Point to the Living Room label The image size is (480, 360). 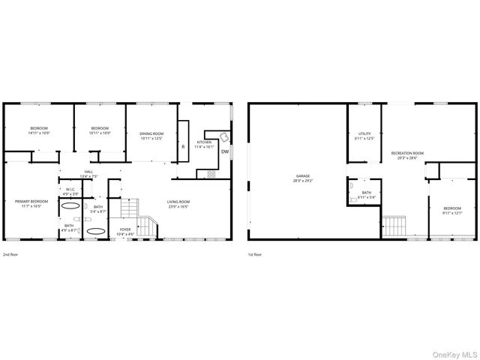178,203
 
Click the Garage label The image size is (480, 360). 302,178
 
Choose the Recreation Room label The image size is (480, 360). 407,154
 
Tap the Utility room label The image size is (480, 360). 364,136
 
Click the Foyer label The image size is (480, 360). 124,231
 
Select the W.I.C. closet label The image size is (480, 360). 69,190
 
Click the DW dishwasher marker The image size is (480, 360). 224,151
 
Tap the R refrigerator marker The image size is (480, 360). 183,146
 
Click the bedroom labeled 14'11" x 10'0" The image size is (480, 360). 39,130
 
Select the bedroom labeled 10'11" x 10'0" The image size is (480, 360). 100,130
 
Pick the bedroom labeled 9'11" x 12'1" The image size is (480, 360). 451,210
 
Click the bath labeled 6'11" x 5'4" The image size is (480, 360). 367,195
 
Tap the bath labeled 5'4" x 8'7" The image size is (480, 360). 98,208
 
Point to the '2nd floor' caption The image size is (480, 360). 10,255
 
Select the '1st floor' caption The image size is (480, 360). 255,255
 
